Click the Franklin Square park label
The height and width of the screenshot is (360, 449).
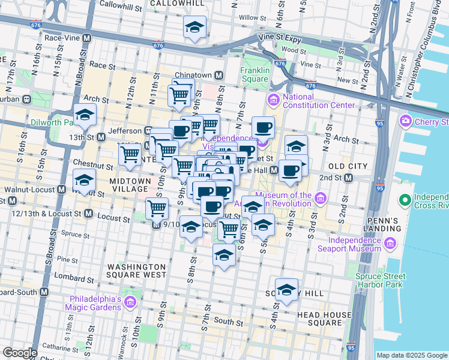tap(254, 74)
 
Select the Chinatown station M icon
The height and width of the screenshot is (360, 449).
tap(219, 76)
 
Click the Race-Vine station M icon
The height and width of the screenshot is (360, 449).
tap(87, 38)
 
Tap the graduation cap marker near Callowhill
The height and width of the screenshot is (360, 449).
tap(194, 27)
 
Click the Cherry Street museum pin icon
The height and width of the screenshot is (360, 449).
tap(405, 122)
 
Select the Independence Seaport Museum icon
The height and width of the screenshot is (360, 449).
tap(390, 243)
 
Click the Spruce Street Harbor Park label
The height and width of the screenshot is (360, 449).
tap(387, 280)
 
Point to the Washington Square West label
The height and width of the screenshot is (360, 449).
tap(136, 271)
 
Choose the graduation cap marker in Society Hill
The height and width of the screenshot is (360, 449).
tap(286, 290)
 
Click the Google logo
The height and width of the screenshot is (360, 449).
tap(20, 353)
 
